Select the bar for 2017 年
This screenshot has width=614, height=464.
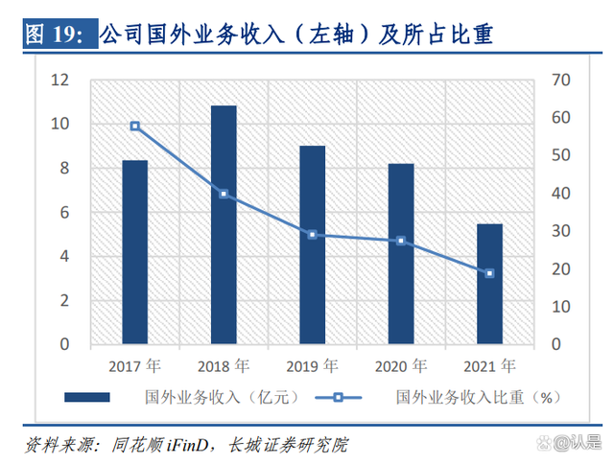coord(135,251)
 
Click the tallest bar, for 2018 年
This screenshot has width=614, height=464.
coord(224,224)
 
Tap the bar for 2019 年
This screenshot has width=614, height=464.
coord(313,244)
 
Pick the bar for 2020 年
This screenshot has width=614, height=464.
coord(401,253)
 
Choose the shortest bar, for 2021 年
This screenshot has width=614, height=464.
coord(489,284)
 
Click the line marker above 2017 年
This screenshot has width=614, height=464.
coord(135,126)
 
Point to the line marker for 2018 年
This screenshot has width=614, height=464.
coord(224,194)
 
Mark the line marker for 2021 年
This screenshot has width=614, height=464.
coord(489,273)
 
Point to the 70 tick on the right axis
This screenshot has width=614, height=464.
coord(555,81)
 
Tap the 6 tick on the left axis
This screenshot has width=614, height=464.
coord(64,212)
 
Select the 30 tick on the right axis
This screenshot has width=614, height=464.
coord(555,231)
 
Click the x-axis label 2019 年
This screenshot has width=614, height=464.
coord(313,365)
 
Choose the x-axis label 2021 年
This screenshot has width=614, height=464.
coord(489,365)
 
